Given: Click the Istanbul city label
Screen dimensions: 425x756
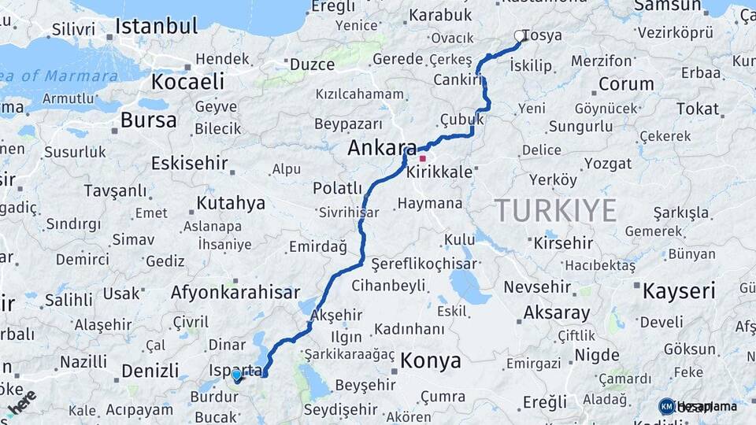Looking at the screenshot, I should click(156, 26).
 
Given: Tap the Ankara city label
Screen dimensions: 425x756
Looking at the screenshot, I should click(382, 147).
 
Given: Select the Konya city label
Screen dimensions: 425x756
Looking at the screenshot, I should click(431, 360).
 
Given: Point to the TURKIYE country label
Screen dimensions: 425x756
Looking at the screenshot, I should click(555, 210).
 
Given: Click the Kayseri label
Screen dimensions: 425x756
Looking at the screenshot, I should click(679, 290).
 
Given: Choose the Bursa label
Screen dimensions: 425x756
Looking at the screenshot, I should click(149, 120).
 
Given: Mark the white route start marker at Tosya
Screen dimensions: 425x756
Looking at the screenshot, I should click(520, 35).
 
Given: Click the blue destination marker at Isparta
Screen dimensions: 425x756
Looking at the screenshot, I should click(236, 375).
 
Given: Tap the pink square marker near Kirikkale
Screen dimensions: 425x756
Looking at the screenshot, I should click(423, 158).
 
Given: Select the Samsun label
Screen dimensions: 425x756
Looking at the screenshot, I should click(667, 6).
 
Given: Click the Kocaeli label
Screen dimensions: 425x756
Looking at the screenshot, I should click(187, 81).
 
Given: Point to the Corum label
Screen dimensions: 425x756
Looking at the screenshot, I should click(626, 83).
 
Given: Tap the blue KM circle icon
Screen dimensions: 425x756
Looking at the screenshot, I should click(666, 406).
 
